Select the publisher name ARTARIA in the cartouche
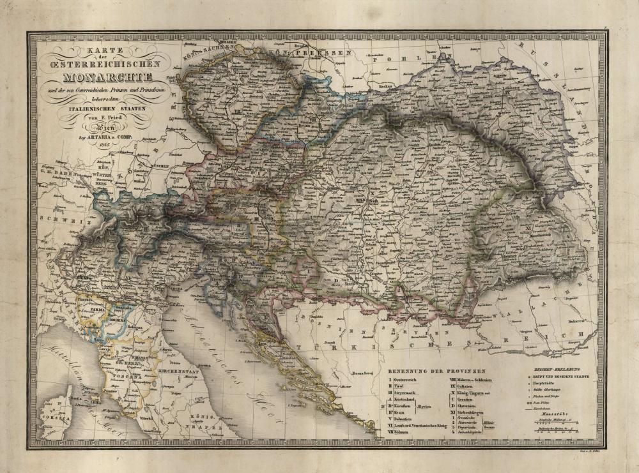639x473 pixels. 101,137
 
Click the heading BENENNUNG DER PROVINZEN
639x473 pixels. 436,371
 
